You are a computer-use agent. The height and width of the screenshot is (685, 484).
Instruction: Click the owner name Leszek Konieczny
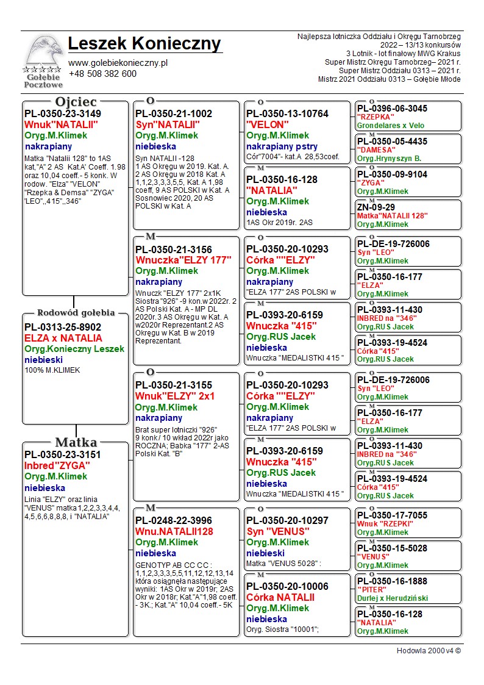point(145,44)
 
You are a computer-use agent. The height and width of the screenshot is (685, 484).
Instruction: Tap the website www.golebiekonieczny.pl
point(118,63)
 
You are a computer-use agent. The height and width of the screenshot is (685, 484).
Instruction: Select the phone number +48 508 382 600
point(102,74)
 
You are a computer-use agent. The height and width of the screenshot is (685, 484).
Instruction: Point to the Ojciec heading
point(76,102)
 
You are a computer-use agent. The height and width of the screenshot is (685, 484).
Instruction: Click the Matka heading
point(76,442)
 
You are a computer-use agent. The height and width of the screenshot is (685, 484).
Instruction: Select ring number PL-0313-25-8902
point(63,327)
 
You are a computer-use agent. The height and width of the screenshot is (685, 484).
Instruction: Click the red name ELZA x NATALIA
point(63,338)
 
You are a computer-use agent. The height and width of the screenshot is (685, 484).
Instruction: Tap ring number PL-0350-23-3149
point(63,113)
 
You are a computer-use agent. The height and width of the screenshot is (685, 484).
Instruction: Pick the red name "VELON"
point(268,124)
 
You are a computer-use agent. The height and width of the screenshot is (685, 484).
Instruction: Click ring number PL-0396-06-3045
point(392,109)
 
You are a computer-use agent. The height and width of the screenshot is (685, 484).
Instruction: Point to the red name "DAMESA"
point(375,150)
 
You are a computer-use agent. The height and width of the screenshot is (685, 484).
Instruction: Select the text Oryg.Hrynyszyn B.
point(389,159)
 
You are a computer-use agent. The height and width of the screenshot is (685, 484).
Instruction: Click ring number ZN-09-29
point(375,207)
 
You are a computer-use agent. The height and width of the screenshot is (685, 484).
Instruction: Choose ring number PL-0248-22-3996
point(174,520)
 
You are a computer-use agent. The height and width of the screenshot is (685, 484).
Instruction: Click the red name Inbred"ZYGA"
point(57,465)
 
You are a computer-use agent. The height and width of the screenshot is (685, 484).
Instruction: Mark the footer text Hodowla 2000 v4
point(429,651)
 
